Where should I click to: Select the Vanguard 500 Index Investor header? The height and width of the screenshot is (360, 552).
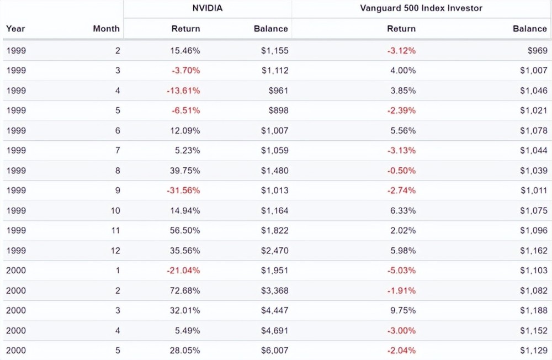tap(421, 8)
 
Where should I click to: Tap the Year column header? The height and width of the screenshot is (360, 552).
tap(15, 29)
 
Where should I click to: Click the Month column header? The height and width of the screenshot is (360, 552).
tap(106, 29)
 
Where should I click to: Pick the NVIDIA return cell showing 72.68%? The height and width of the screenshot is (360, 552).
tap(185, 290)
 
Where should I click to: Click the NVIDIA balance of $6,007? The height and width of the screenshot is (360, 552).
tap(274, 350)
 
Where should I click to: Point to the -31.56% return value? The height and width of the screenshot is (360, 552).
tap(183, 190)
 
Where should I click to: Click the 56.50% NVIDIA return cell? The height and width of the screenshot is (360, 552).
tap(185, 230)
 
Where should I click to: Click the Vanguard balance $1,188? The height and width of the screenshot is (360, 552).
tap(533, 310)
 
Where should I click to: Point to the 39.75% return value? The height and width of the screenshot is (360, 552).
tap(185, 171)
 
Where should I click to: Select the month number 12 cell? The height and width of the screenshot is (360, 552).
tap(115, 251)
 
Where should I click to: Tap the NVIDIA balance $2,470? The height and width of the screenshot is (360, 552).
tap(274, 251)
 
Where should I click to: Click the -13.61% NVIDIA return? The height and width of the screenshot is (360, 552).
tap(183, 91)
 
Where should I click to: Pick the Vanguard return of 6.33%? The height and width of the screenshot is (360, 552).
tap(404, 210)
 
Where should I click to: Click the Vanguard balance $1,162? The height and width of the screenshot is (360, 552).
tap(533, 251)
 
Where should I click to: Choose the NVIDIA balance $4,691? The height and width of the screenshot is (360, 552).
tap(274, 330)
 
